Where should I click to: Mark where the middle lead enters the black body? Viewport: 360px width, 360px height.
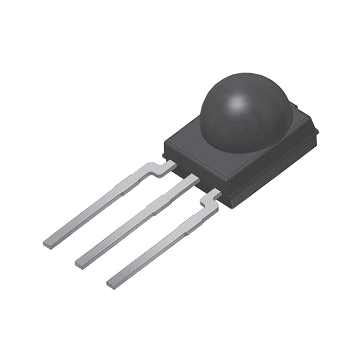tap(194, 179)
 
